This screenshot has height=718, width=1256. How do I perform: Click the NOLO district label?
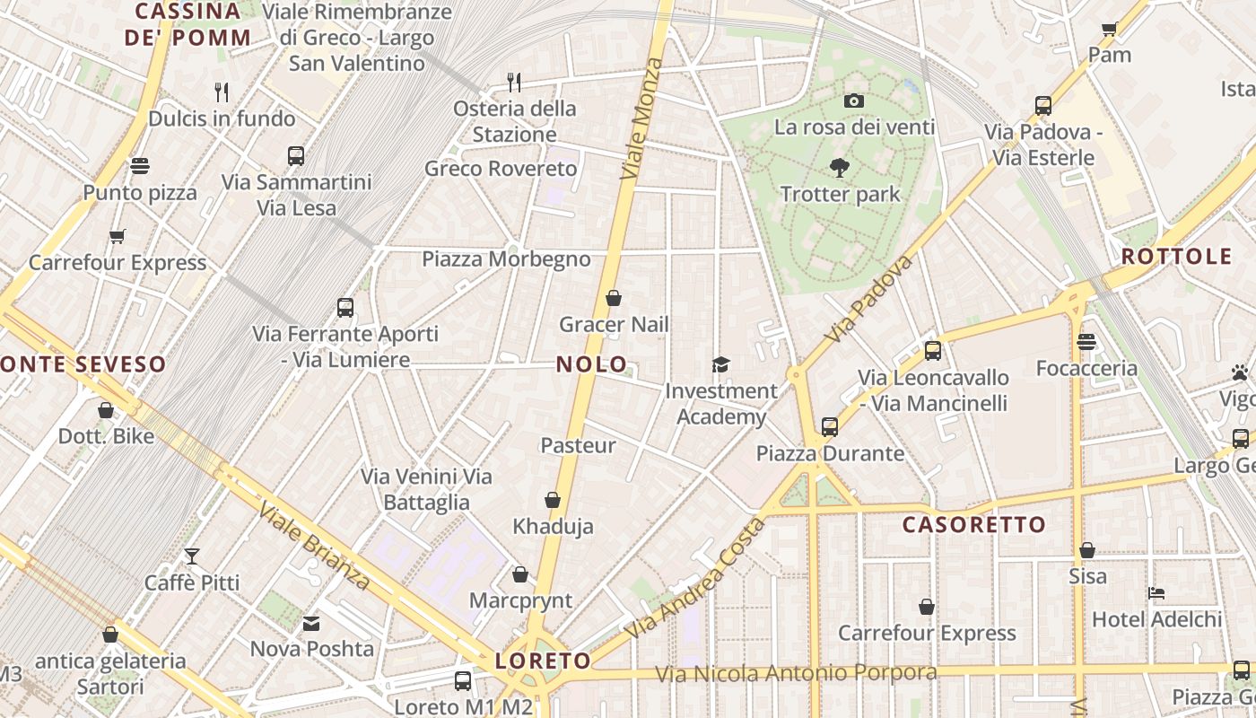click(x=592, y=364)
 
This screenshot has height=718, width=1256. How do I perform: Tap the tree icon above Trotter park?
click(x=840, y=167)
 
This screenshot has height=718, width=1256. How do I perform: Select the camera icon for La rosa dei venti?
click(x=854, y=101)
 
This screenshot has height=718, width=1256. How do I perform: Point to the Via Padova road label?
click(x=868, y=299)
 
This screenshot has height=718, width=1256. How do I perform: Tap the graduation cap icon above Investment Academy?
click(x=720, y=364)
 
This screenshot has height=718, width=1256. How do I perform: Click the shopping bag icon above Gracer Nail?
click(x=614, y=298)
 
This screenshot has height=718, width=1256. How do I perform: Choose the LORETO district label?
click(x=543, y=662)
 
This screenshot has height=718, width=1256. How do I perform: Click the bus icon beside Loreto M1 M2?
click(x=463, y=681)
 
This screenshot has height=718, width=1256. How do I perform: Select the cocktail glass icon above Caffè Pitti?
click(x=192, y=556)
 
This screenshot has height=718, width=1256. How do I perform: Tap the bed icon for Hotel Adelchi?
click(x=1156, y=593)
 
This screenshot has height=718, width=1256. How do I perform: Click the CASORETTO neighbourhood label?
click(x=973, y=525)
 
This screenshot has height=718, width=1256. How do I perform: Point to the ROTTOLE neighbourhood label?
click(x=1176, y=257)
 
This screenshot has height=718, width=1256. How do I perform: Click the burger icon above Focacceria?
click(x=1086, y=342)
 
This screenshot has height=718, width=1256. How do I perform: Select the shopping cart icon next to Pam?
click(x=1110, y=29)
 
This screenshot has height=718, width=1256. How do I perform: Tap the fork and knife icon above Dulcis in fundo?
click(x=222, y=92)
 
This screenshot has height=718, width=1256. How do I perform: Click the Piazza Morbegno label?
click(x=506, y=260)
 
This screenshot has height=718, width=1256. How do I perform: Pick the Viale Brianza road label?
click(x=314, y=547)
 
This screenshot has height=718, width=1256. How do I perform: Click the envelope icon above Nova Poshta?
click(x=311, y=623)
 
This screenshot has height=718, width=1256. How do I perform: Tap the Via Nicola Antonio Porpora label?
click(x=796, y=673)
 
